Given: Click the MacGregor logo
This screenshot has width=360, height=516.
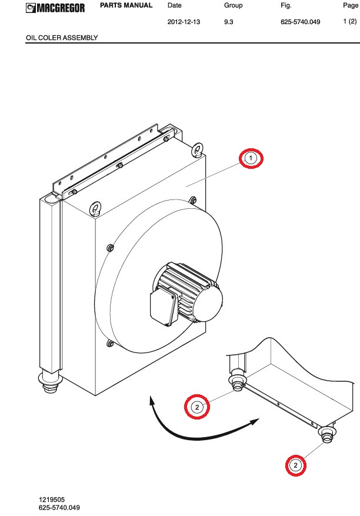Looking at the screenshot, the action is point(55,8).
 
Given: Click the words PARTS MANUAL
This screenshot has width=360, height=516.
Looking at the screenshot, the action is point(126,5).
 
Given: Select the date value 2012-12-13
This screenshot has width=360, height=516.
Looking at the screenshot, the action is point(184,22).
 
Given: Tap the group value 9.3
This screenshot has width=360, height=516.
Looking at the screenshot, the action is point(229,22).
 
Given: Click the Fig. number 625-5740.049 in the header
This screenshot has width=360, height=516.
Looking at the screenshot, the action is point(300,22).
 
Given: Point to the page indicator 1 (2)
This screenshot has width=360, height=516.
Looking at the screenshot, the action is point(350,21).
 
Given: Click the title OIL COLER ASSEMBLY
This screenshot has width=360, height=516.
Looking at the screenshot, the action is point(62,38).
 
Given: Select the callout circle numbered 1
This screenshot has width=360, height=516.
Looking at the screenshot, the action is point(251,158).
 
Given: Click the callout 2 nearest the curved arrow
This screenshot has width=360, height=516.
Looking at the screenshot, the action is point(197,407).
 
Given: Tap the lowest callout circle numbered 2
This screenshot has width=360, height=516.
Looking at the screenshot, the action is point(295,465).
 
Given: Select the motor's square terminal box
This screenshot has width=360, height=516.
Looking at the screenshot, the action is point(164,307).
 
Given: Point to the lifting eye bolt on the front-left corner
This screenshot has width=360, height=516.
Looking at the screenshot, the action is point(95,209).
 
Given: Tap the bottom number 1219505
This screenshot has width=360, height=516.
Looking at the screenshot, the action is point(52,500).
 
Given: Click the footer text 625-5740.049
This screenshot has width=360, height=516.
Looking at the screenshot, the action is point(59,507).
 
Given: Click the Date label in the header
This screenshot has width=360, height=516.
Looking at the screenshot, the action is point(174,5).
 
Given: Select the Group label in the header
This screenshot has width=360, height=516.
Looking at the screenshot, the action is point(234,5).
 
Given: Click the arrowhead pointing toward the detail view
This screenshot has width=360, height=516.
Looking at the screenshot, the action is point(255,422).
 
